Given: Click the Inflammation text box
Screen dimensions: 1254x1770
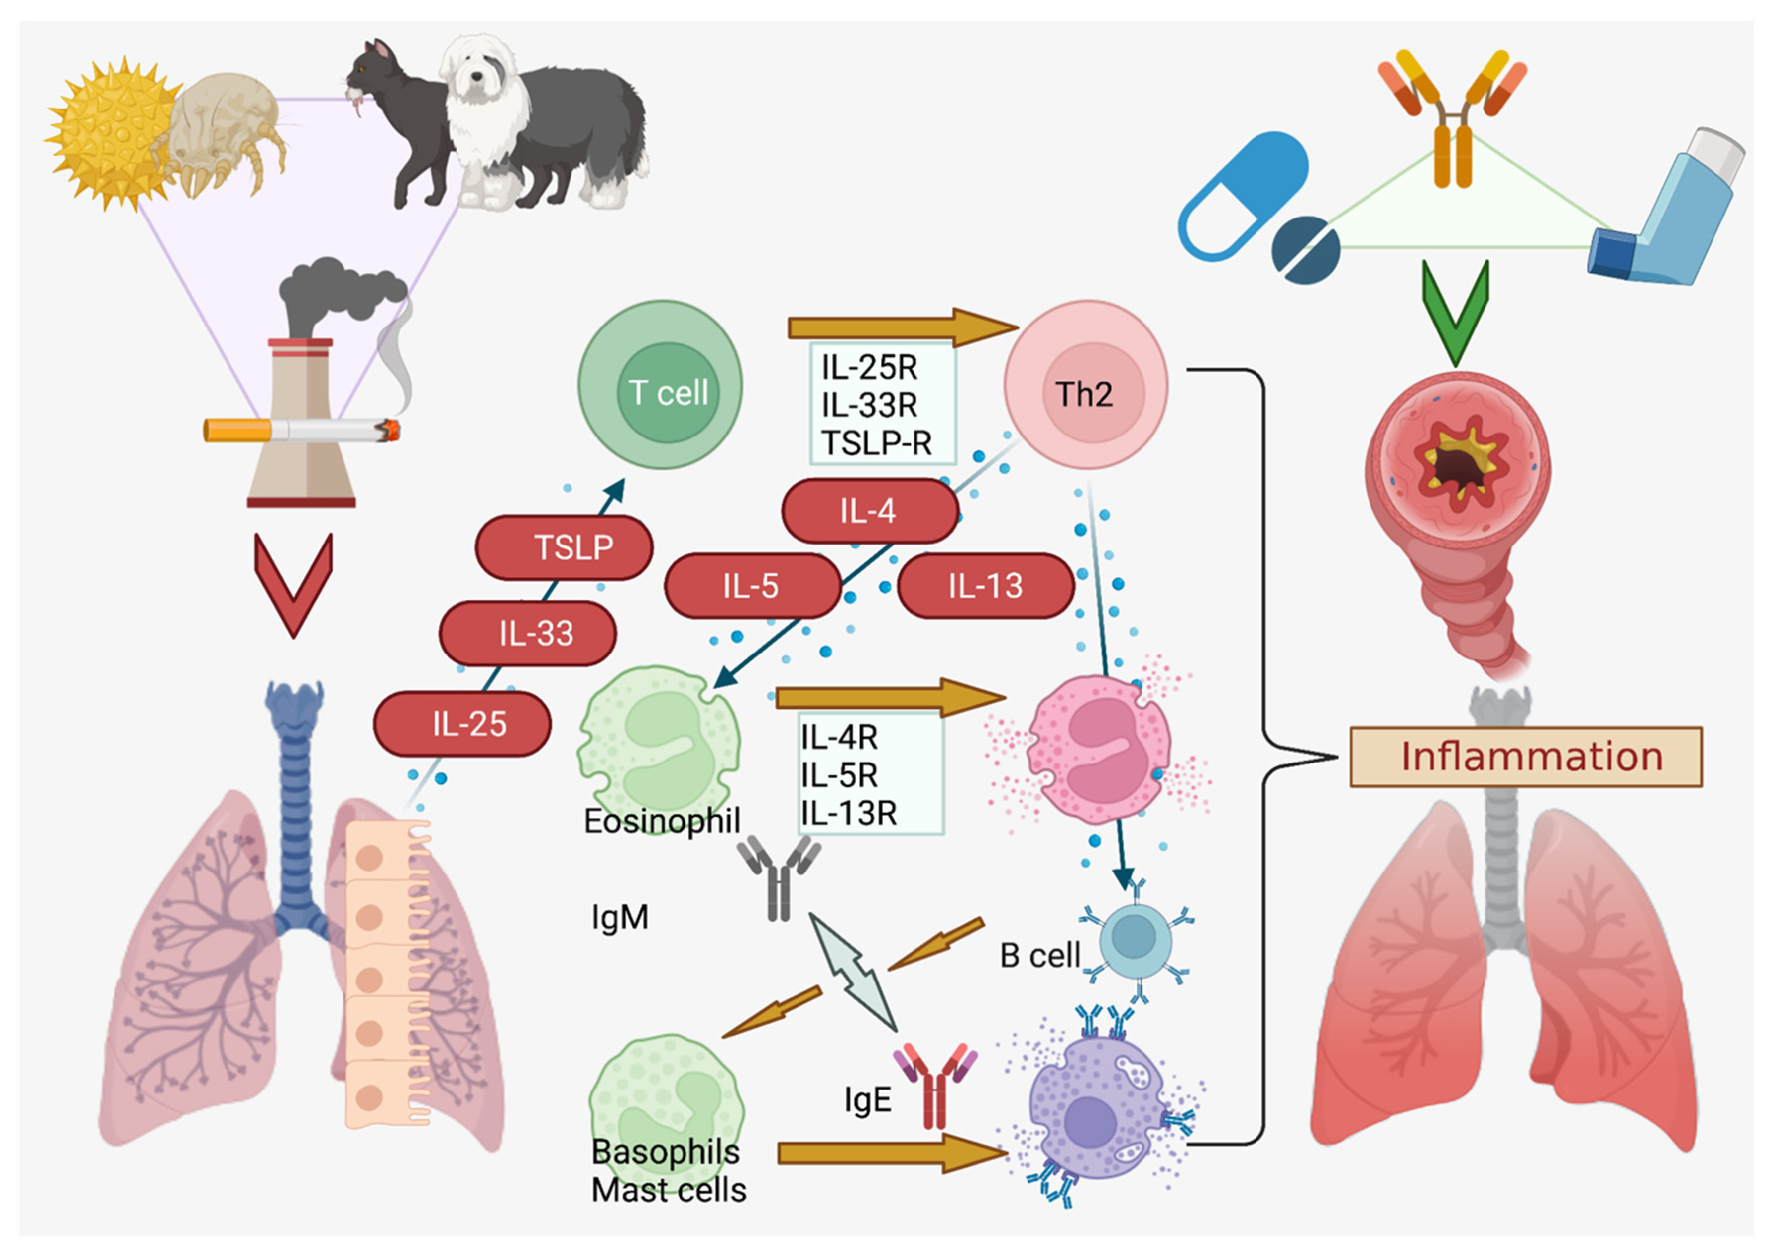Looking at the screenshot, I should [x=1525, y=757].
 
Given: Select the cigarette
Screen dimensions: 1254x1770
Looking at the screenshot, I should [x=301, y=430].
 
